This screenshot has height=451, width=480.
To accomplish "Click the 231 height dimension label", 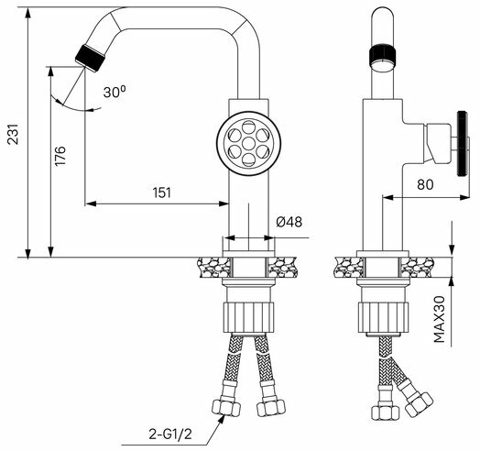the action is (x=13, y=134).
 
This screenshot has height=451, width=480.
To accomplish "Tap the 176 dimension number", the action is (x=60, y=156).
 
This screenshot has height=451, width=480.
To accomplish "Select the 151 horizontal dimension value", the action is (x=161, y=192).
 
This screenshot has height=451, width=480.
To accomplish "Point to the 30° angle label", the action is (x=115, y=92).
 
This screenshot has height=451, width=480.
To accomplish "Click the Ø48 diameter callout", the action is (x=289, y=222).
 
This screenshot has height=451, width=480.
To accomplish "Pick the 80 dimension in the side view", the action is (x=425, y=184).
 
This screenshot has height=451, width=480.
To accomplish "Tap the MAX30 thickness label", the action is (x=439, y=319).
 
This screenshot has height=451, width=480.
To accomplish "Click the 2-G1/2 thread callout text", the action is (x=170, y=434).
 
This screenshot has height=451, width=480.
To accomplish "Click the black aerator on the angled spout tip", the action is (x=91, y=59).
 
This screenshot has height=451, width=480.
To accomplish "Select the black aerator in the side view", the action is (x=383, y=55).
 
